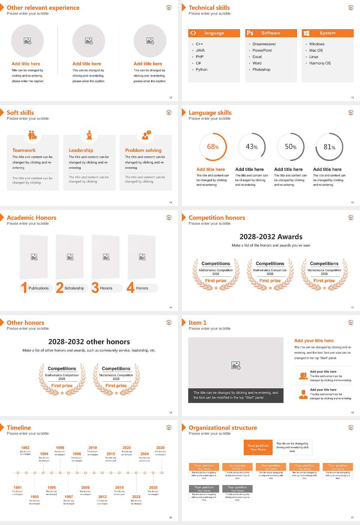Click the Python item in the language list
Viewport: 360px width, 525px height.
(x=201, y=70)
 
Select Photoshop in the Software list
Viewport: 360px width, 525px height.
(x=261, y=70)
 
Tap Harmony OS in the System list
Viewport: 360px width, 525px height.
(x=319, y=63)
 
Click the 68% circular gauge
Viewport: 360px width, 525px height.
(x=213, y=147)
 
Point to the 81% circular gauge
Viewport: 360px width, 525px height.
(x=329, y=147)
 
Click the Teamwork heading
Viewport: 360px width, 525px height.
(x=24, y=150)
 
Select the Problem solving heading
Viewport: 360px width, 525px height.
(x=143, y=150)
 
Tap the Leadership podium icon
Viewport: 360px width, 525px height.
(x=89, y=135)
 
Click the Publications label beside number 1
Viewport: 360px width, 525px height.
(x=38, y=288)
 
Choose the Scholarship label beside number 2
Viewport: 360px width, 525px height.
(x=74, y=288)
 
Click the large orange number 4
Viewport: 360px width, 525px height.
(x=130, y=288)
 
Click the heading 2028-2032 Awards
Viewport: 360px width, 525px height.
(x=271, y=237)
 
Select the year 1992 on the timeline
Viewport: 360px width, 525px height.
(x=25, y=448)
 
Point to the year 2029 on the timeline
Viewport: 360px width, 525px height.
(x=160, y=448)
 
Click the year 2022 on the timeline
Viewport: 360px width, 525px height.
(x=136, y=497)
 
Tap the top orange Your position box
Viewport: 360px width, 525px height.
(x=258, y=447)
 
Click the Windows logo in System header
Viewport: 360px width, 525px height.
(x=306, y=33)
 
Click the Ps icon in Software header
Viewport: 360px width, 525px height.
(x=250, y=33)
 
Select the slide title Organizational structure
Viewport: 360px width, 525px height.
(x=223, y=428)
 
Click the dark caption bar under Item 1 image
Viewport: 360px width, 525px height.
(x=235, y=395)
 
